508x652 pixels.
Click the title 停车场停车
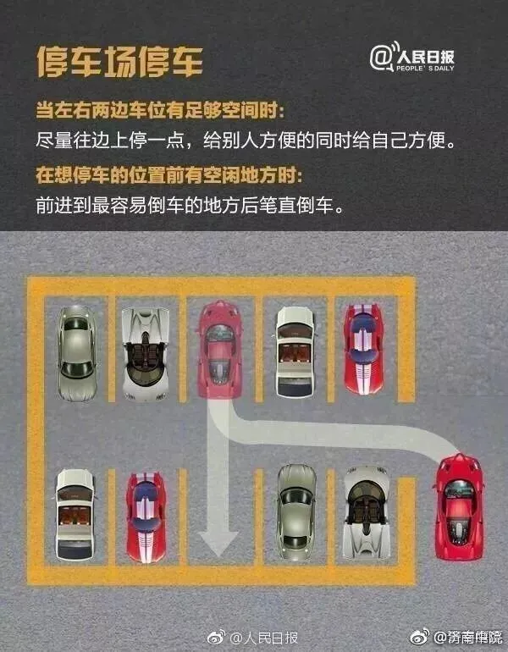tap(119, 62)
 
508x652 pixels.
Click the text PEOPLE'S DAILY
tap(426, 68)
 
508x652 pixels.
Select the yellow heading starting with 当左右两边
tap(160, 111)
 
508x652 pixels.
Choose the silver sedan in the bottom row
tap(295, 512)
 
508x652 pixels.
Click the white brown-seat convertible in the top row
tap(295, 348)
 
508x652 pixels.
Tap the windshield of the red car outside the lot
tap(459, 489)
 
